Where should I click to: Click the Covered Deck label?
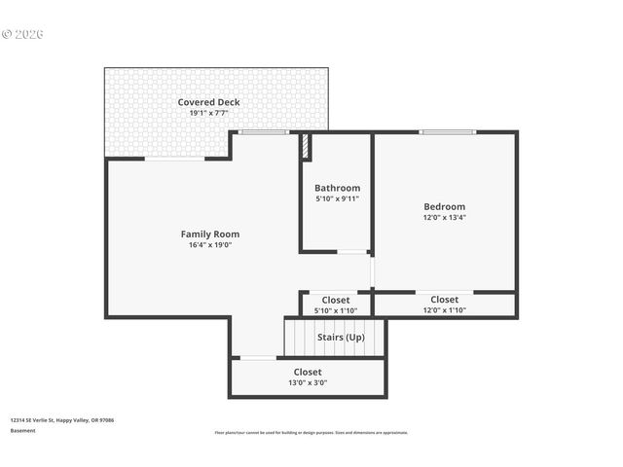click(x=208, y=102)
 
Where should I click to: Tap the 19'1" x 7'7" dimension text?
click(x=208, y=114)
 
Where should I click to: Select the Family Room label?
click(x=209, y=233)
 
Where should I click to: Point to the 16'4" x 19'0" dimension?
click(x=209, y=245)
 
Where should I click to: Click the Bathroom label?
click(x=337, y=188)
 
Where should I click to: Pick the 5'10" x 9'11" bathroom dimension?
click(x=337, y=198)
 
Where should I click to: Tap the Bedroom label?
click(x=444, y=206)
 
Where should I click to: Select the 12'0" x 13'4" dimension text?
click(x=444, y=218)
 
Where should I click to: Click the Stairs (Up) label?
click(x=341, y=337)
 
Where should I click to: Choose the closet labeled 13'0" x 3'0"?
click(x=308, y=377)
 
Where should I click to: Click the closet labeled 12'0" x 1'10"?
click(x=444, y=305)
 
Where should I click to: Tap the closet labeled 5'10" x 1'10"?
click(x=336, y=305)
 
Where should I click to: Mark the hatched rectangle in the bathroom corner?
click(x=305, y=147)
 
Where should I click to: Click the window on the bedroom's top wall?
click(x=447, y=132)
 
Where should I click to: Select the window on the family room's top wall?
click(x=264, y=132)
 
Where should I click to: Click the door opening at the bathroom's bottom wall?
click(x=351, y=252)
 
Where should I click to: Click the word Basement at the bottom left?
click(x=22, y=430)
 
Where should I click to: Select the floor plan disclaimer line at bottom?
click(x=311, y=433)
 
